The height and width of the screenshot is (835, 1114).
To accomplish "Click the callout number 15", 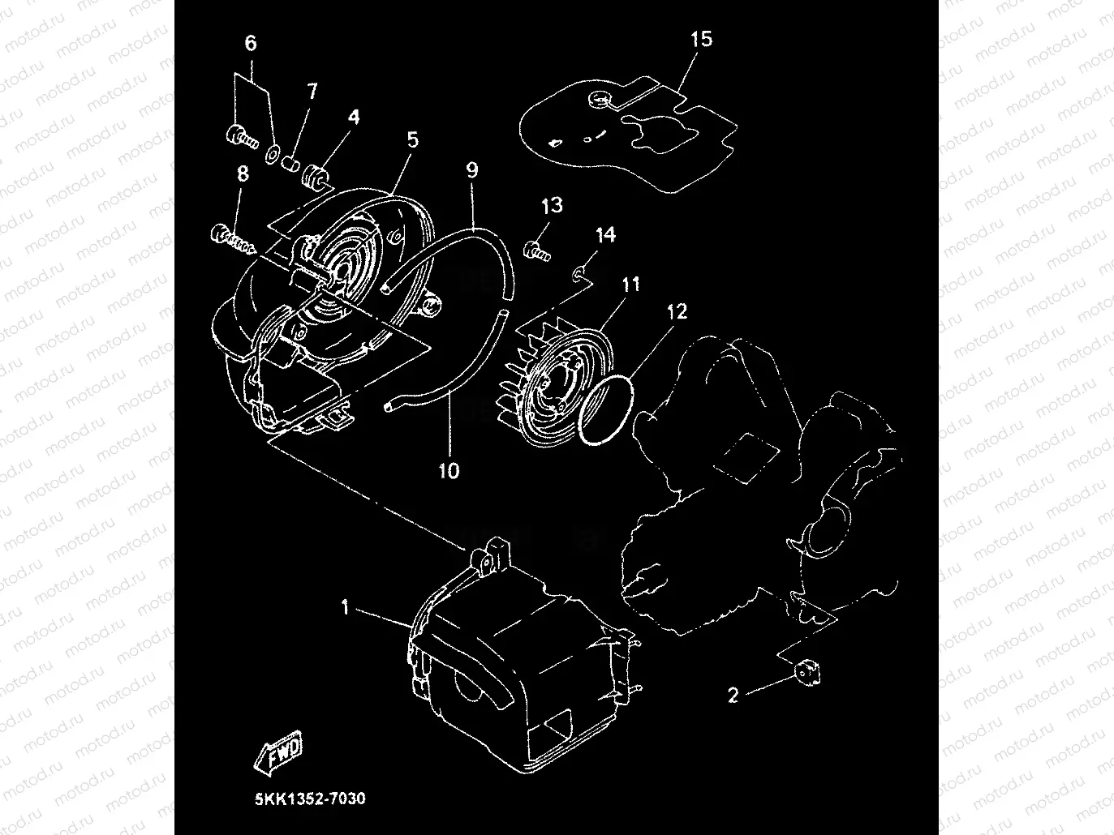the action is [701, 39].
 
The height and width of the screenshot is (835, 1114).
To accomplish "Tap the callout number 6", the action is [251, 43].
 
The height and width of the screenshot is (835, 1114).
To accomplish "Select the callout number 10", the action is [449, 471].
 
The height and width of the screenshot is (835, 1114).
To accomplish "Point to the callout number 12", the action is [677, 311].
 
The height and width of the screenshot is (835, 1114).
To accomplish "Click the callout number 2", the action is [733, 695].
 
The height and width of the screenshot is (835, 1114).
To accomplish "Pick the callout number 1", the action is [346, 607].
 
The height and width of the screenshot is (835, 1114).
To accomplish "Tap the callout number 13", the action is [552, 205].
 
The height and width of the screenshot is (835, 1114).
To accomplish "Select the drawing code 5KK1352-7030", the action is [310, 799].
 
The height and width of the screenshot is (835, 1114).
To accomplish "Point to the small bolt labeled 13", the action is [537, 251].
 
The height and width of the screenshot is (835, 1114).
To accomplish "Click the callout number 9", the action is [472, 170].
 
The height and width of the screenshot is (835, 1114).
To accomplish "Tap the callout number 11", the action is [631, 285].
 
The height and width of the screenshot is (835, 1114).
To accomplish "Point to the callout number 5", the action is [413, 140].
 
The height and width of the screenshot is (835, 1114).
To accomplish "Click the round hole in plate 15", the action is [599, 98].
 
